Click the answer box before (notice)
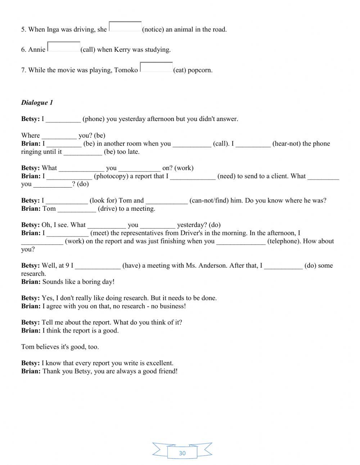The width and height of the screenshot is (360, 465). [x=125, y=27]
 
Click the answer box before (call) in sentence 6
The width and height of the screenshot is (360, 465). [x=64, y=47]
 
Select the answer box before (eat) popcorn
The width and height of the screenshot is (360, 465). [x=156, y=67]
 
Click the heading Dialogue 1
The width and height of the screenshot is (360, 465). [x=37, y=103]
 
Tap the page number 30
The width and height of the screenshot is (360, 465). [x=182, y=453]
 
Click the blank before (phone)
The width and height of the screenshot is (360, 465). [x=63, y=119]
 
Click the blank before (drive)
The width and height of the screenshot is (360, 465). [x=77, y=209]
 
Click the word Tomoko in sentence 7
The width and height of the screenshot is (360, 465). [x=126, y=70]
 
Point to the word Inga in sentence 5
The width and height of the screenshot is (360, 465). [x=53, y=30]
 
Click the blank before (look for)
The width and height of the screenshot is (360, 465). [x=67, y=201]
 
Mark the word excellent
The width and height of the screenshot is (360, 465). [x=159, y=363]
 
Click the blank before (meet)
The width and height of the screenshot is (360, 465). [x=68, y=233]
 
